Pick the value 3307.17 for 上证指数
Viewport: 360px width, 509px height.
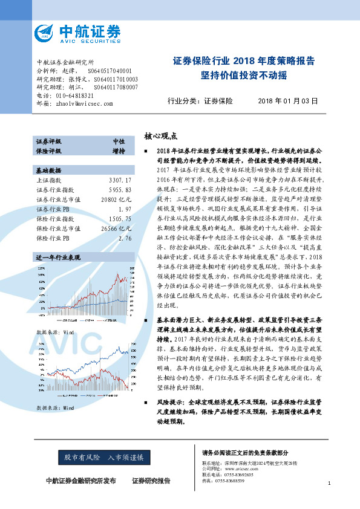120,164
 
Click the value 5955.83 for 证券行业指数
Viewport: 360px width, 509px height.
120,173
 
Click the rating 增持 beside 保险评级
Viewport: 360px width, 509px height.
119,150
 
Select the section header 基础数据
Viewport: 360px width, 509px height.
49,154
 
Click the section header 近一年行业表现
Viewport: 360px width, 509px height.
57,241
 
